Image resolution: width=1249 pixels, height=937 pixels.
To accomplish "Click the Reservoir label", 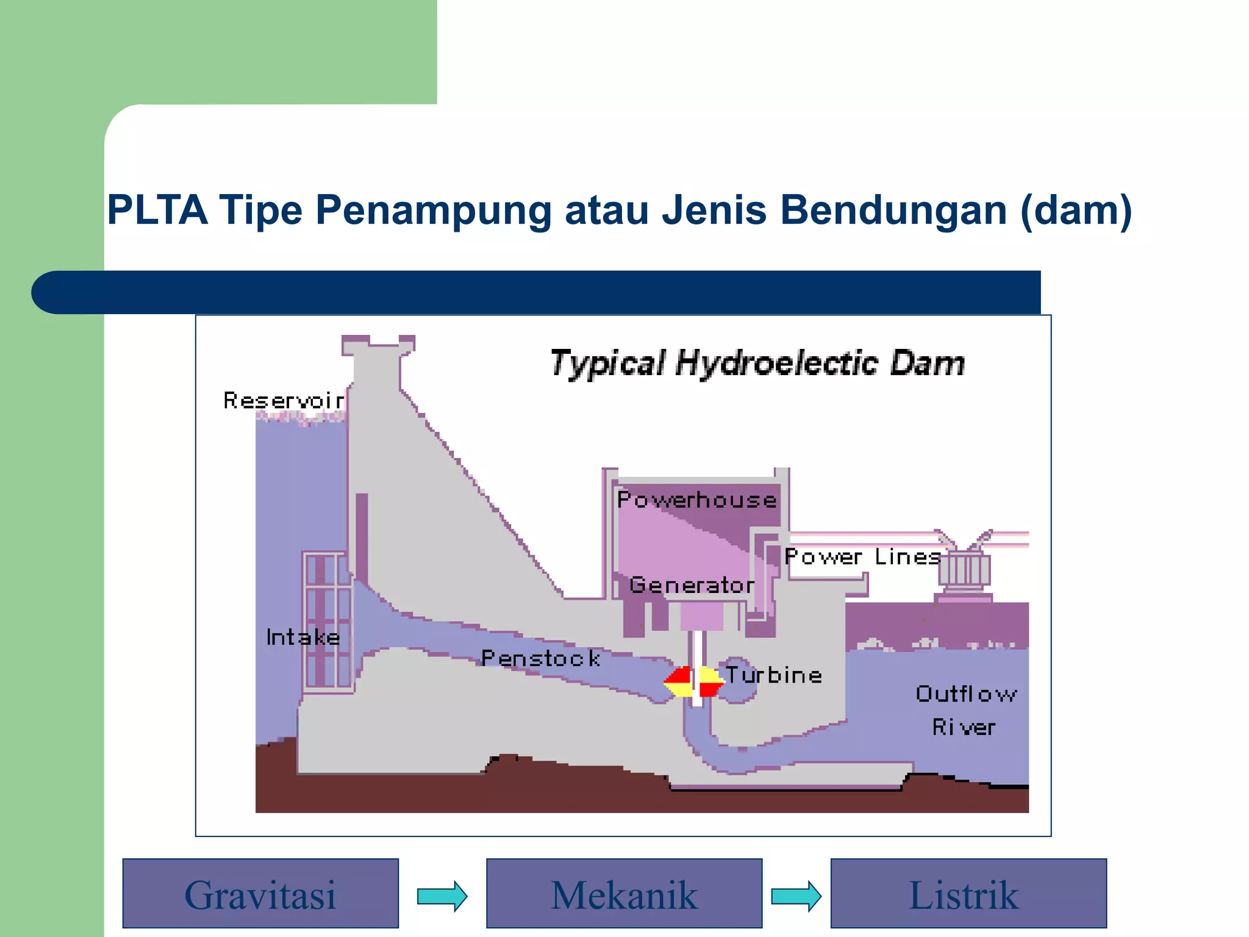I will (283, 401).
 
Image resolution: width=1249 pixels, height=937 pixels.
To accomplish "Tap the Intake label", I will (303, 637).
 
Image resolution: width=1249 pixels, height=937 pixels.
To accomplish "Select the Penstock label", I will (540, 658).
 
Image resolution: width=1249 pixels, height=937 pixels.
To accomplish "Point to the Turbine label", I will (773, 675).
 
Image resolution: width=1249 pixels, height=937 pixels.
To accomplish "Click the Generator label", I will (692, 585).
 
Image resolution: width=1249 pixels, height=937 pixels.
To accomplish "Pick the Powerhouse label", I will (696, 500).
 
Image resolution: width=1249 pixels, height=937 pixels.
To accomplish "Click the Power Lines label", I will (862, 556).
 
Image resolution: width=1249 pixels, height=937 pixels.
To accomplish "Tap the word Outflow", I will (966, 694).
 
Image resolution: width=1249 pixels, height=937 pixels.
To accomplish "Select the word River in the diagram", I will (964, 727).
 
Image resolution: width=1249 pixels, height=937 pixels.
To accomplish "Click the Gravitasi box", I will (260, 894).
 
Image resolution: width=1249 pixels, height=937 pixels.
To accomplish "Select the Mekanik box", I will (624, 894).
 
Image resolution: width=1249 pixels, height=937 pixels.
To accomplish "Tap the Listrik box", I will (968, 894).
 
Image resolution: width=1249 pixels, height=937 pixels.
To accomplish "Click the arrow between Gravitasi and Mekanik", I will (442, 896).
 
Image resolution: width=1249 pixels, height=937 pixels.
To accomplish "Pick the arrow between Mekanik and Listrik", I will (796, 896).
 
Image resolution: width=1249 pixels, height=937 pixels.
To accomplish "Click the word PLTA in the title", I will (157, 210).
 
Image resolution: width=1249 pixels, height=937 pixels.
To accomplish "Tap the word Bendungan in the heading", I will (893, 210).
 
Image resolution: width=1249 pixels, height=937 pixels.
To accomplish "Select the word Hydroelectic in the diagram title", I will (777, 364).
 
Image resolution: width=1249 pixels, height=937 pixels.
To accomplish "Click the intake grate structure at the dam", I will (328, 622).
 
